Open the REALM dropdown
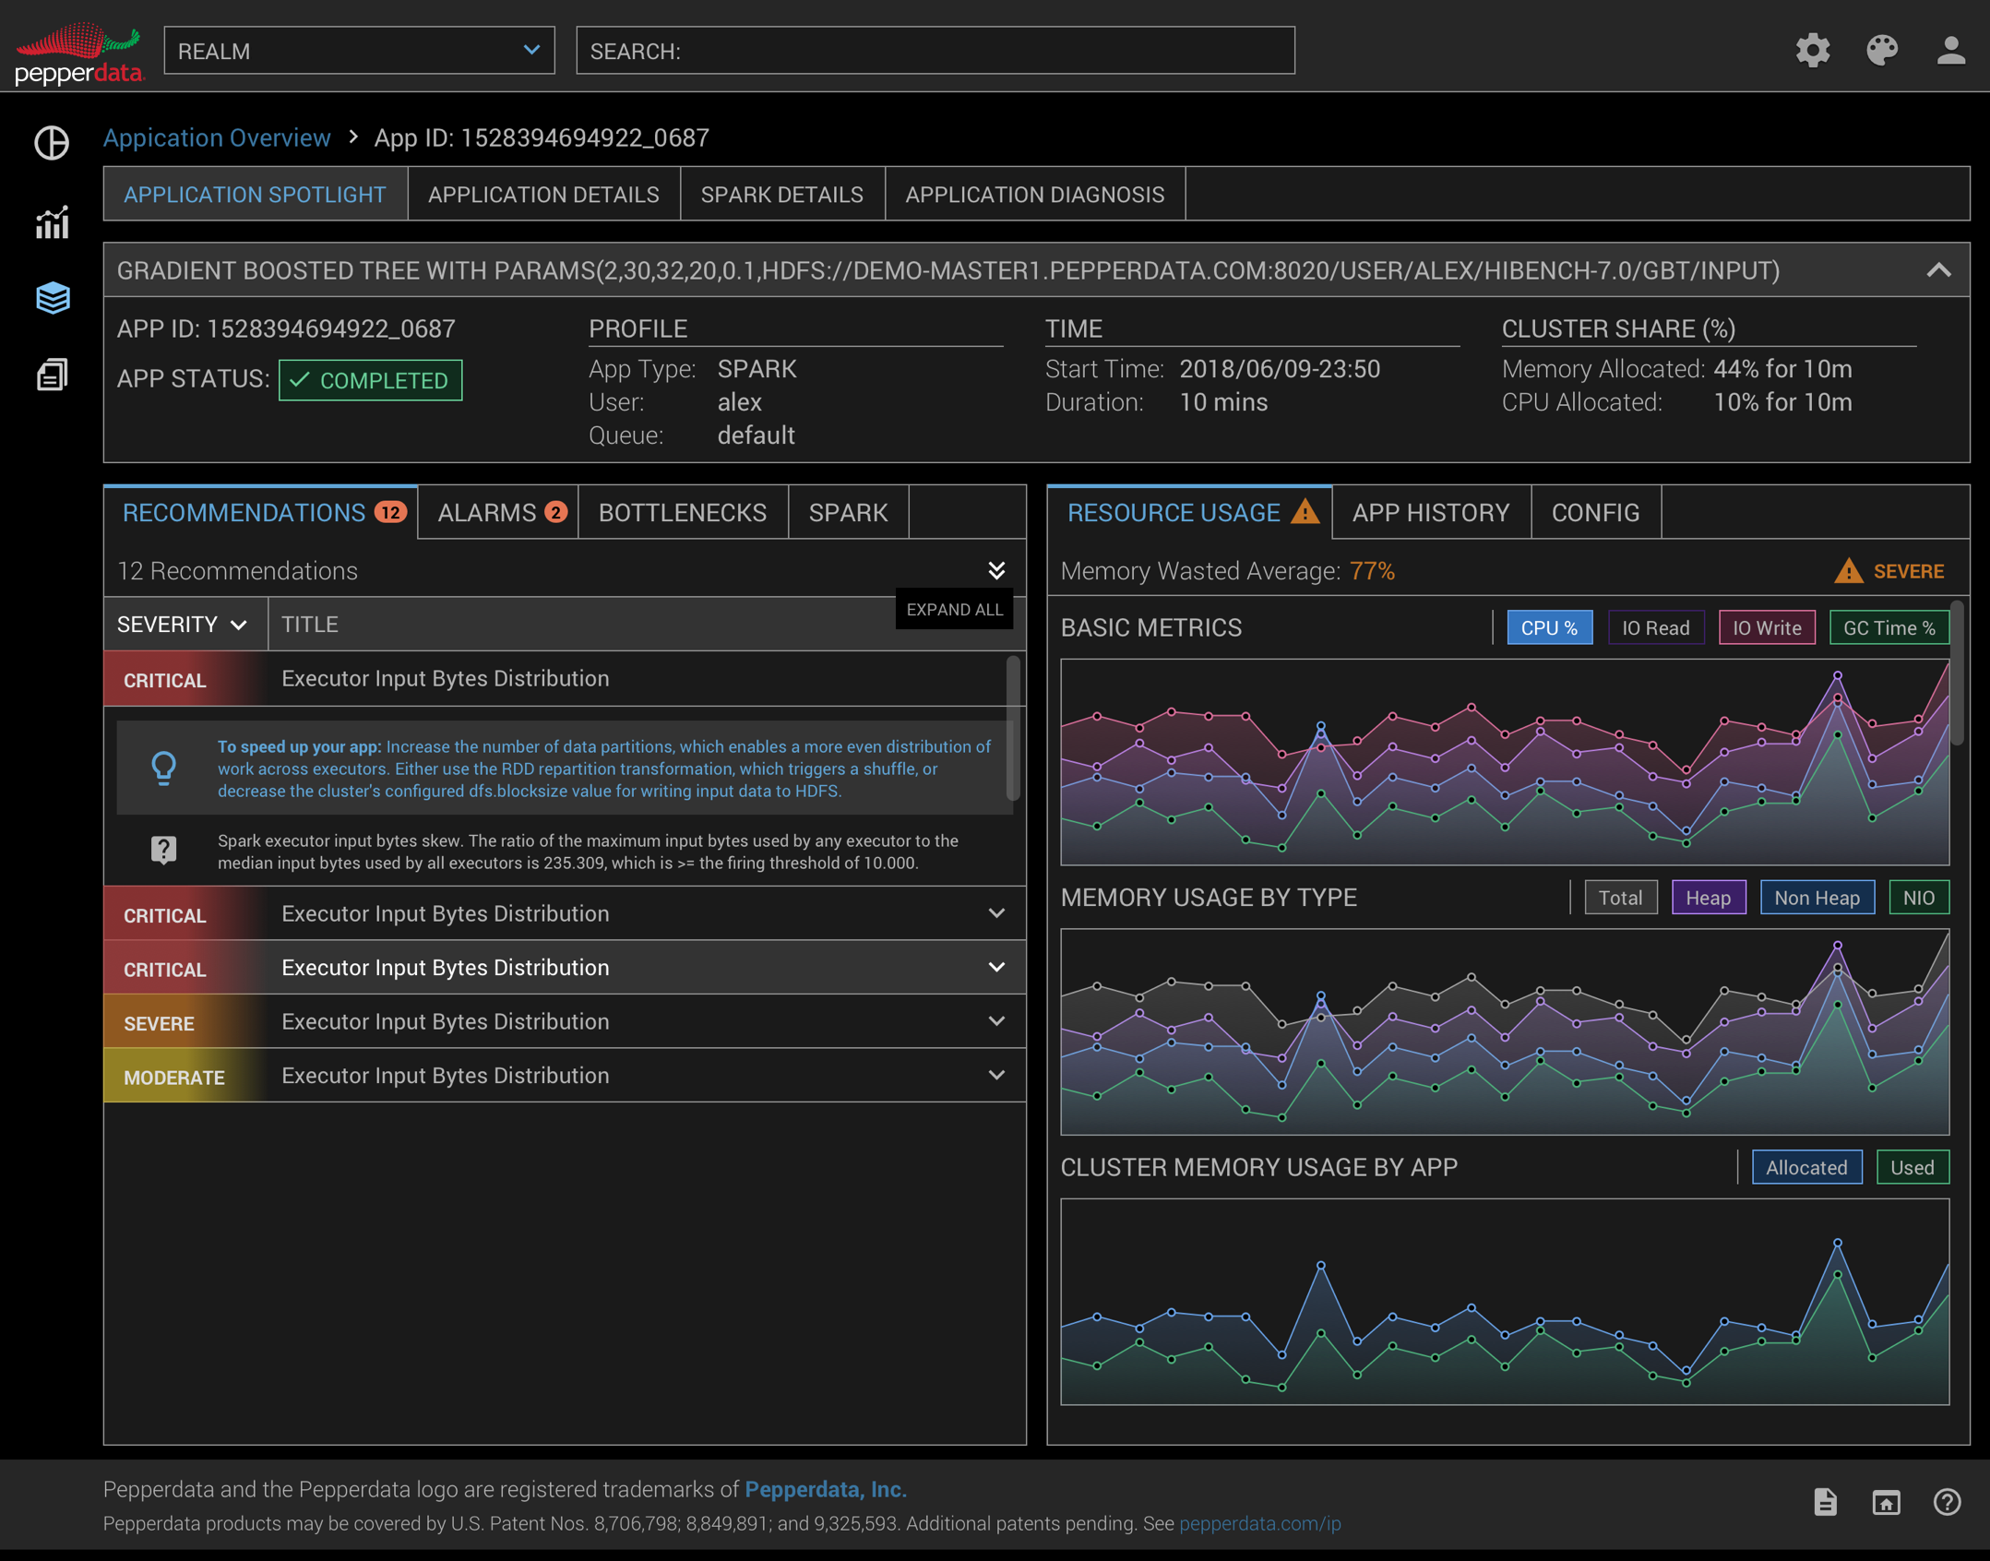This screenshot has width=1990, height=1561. (358, 51)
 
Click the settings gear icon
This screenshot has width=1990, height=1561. (1812, 50)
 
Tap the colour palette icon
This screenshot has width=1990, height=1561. (1882, 50)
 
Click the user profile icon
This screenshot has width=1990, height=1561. (1950, 50)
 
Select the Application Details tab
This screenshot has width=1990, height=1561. (543, 195)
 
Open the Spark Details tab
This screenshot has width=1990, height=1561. (781, 195)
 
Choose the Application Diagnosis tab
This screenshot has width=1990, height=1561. (1034, 195)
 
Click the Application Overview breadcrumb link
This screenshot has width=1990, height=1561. (217, 138)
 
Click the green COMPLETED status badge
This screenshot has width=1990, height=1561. (370, 380)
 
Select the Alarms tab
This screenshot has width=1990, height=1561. (499, 513)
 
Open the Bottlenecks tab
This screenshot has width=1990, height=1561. (683, 513)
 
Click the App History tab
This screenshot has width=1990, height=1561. (1430, 513)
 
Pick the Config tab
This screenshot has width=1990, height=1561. (1595, 513)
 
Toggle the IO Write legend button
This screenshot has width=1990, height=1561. (1766, 628)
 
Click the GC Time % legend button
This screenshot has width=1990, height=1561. (1889, 628)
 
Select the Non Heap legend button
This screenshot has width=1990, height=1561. (1817, 898)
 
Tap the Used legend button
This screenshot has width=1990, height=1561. (1912, 1168)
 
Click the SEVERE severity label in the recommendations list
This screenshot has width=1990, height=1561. (159, 1023)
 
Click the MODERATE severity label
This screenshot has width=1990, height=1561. (174, 1078)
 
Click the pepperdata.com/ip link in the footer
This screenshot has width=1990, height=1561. (1259, 1523)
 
